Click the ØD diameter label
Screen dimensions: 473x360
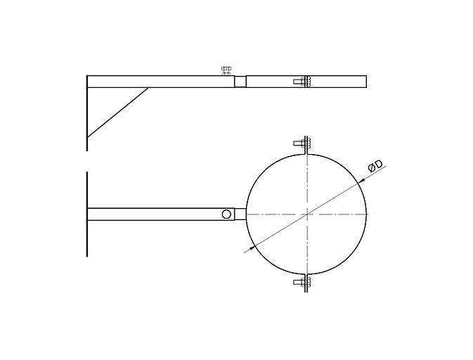tap(375, 166)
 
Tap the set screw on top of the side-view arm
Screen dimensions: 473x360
tap(226, 71)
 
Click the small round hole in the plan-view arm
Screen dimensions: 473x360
tap(226, 214)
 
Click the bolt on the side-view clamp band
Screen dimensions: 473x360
tap(302, 81)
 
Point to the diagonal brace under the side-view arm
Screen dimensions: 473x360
tap(117, 112)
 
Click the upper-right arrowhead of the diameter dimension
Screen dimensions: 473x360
tap(361, 181)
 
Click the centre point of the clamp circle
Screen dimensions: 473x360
tap(306, 214)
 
